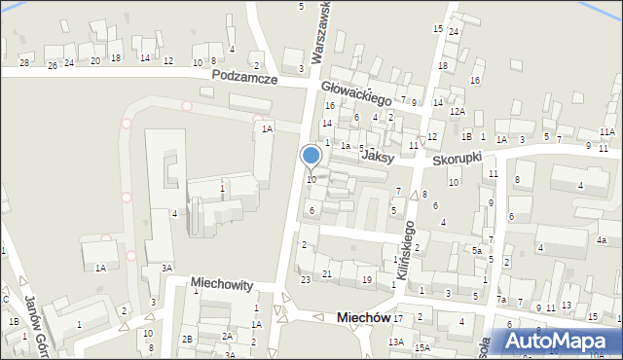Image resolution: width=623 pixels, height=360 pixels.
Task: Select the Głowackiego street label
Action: (x=355, y=92)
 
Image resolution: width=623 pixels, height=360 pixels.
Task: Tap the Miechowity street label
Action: (x=222, y=285)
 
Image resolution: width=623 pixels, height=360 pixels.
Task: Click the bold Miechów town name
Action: (x=362, y=318)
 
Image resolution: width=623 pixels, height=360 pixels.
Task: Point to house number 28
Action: (x=24, y=63)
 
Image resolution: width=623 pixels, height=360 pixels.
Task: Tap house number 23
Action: (x=306, y=280)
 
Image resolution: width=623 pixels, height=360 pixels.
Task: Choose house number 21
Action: (x=327, y=274)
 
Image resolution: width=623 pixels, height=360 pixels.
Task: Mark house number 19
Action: (x=366, y=280)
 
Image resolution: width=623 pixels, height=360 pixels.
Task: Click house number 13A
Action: (x=395, y=342)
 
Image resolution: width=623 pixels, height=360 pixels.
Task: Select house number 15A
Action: (x=421, y=347)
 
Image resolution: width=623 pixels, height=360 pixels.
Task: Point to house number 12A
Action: (x=457, y=112)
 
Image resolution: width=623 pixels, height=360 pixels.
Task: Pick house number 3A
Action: (x=166, y=268)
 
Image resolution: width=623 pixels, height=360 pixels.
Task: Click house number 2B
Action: (x=187, y=339)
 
